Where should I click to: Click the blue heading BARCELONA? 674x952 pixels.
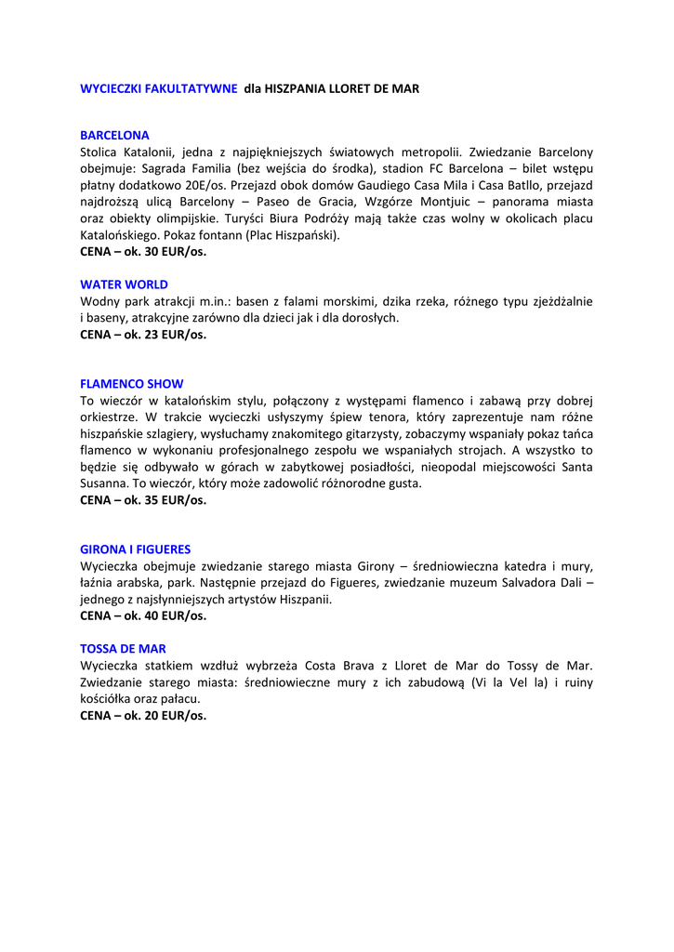point(114,135)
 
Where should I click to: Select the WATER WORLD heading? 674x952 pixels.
point(124,284)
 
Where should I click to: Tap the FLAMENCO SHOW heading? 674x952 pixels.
point(131,384)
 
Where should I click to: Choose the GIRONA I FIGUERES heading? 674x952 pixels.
point(135,549)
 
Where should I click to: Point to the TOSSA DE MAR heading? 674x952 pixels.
point(123,649)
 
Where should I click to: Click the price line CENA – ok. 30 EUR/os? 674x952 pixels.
point(143,252)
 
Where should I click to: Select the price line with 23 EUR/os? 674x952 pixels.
point(143,335)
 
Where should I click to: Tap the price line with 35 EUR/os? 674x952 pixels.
point(143,500)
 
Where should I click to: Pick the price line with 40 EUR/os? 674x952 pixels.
point(143,615)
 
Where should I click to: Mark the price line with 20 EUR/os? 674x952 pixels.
point(143,716)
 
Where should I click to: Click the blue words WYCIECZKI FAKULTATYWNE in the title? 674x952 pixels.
point(158,89)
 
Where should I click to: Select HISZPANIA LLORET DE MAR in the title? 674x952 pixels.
point(342,89)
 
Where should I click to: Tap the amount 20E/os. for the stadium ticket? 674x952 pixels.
point(208,185)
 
